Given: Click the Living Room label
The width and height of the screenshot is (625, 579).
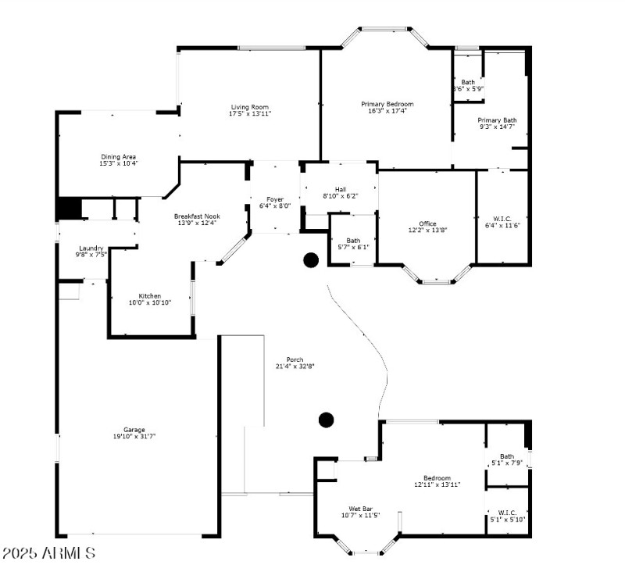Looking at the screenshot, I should click(x=249, y=107).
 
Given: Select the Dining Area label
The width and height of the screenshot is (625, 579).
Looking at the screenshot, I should click(x=118, y=157).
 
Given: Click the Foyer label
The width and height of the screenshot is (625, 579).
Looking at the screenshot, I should click(x=274, y=199).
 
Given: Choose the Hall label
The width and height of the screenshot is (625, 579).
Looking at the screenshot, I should click(x=340, y=189).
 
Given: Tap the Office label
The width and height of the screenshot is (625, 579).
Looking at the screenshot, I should click(x=427, y=223).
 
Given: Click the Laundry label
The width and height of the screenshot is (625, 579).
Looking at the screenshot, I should click(x=91, y=248).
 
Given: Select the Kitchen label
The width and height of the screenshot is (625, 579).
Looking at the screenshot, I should click(x=150, y=296).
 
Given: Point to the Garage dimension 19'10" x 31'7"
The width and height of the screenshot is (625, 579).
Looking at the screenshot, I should click(x=134, y=437).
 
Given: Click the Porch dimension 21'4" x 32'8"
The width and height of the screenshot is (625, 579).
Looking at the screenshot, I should click(x=295, y=366).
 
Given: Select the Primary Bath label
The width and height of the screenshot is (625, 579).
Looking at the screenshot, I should click(x=497, y=120).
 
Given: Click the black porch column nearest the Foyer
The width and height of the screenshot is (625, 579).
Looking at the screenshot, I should click(x=311, y=260).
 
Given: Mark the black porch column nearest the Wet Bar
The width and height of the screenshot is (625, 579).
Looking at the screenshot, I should click(x=327, y=420).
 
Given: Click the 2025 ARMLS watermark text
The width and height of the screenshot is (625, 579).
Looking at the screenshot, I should click(x=48, y=553).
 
